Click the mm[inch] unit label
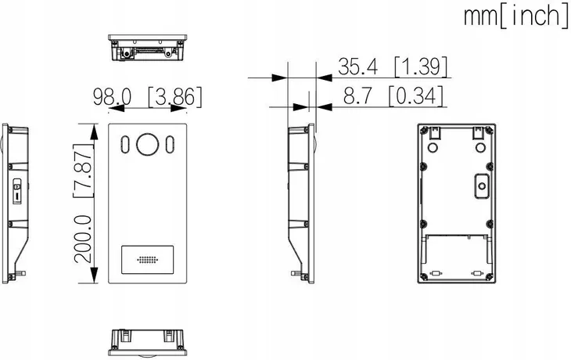[515, 15]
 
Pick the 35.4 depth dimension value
[357, 67]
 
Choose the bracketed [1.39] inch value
[421, 67]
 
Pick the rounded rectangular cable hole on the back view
[479, 185]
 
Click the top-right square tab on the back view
[476, 134]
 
